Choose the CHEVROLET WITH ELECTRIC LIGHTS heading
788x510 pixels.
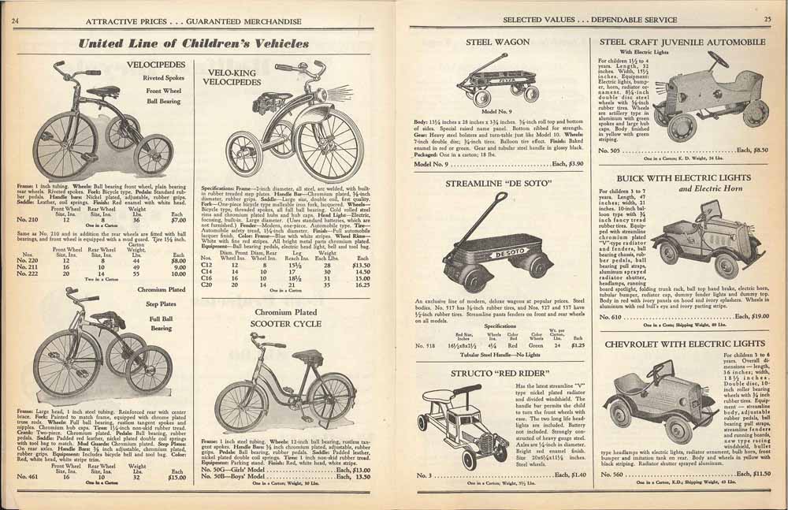674,344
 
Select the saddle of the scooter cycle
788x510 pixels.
268,378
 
